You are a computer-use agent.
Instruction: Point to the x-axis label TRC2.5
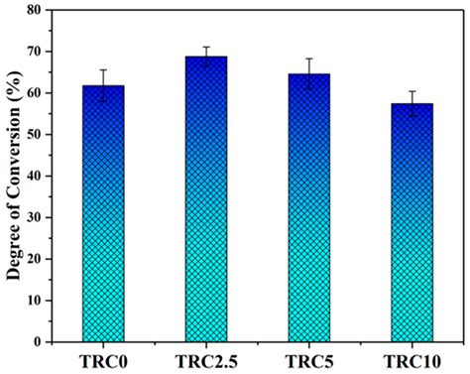206,359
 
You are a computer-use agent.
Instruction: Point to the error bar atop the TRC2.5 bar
206,57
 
